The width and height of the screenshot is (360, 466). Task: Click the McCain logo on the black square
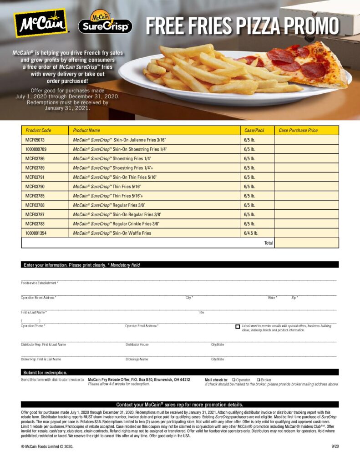coord(41,23)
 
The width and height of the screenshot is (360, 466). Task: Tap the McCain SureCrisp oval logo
coord(105,23)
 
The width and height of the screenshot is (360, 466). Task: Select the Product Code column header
coord(38,130)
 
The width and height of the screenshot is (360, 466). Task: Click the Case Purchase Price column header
coord(298,130)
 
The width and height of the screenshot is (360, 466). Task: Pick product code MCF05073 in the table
coord(35,140)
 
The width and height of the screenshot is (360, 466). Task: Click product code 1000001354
coord(36,233)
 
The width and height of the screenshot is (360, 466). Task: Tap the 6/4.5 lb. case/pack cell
coord(251,233)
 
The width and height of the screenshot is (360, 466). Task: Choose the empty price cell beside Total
coord(306,243)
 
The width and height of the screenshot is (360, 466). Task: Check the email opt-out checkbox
coord(238,327)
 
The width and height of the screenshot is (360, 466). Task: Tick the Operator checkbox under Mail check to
coord(233,380)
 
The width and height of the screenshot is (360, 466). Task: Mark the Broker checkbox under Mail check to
coord(259,380)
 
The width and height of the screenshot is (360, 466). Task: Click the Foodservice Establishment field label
coord(40,283)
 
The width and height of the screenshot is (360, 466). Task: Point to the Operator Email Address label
coord(142,326)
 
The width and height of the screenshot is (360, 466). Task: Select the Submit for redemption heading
coord(46,372)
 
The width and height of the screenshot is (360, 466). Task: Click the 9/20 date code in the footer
coord(335,446)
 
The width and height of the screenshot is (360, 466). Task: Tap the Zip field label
coord(294,298)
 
